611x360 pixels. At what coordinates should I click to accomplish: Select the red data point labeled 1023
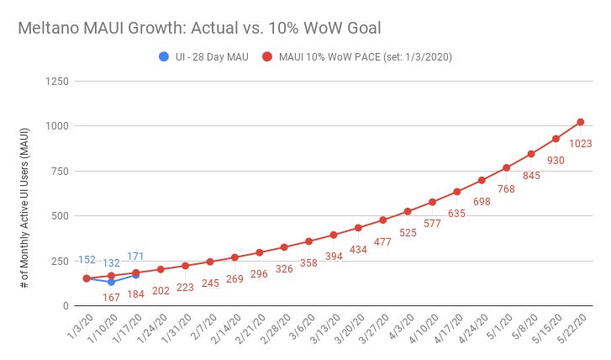[x=580, y=122]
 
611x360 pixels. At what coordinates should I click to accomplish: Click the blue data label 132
[x=111, y=263]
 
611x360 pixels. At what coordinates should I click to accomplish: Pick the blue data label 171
[x=136, y=256]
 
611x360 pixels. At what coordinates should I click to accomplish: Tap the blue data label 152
[x=87, y=260]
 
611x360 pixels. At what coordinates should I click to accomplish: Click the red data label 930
[x=556, y=160]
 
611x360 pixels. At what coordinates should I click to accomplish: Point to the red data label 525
[x=408, y=231]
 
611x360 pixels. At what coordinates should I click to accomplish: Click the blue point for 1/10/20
[x=111, y=282]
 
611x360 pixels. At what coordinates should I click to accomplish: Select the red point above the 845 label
[x=531, y=154]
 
